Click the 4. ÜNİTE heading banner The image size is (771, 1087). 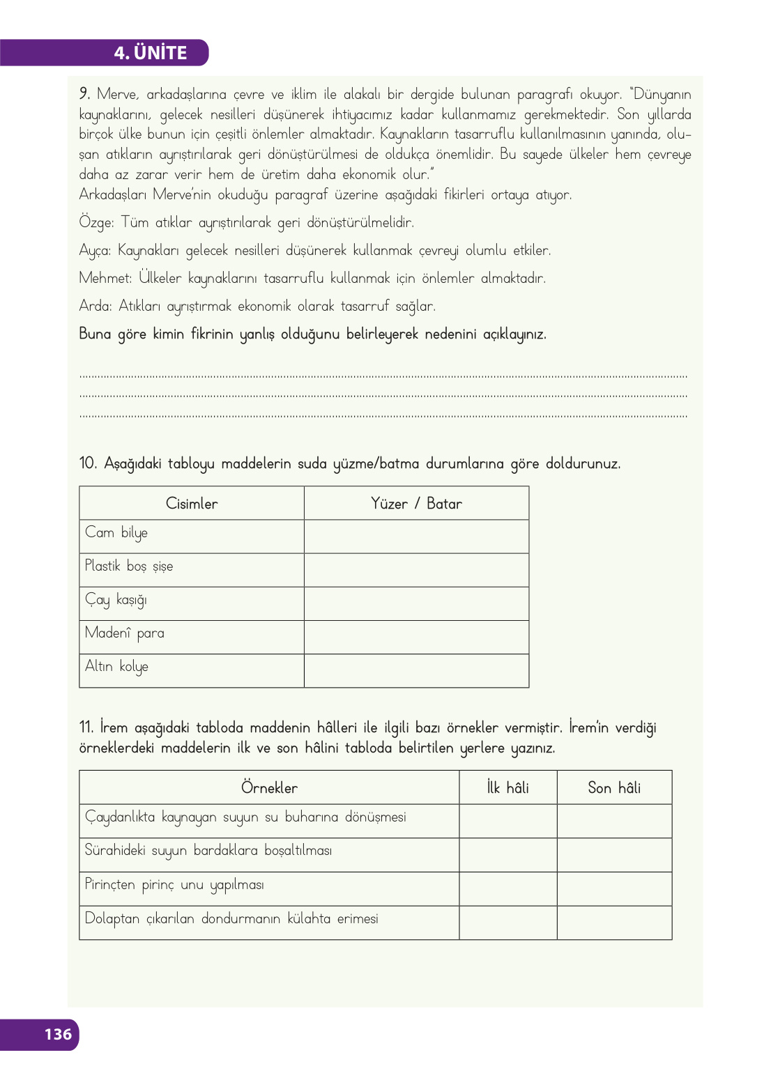(x=150, y=53)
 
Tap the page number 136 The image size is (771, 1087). (x=58, y=1034)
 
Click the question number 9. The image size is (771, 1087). (x=84, y=93)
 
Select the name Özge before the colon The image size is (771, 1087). (x=96, y=222)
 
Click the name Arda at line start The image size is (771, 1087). (x=95, y=306)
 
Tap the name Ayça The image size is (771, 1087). (x=94, y=250)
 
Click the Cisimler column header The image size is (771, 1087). (x=192, y=504)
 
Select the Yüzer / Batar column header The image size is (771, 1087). (x=416, y=504)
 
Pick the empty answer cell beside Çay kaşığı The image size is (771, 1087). (x=416, y=603)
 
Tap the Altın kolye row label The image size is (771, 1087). (x=116, y=667)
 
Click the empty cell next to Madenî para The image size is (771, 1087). (x=416, y=637)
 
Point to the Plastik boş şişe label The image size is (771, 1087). (x=129, y=566)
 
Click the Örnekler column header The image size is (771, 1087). (x=269, y=788)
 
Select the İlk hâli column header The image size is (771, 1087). (x=507, y=788)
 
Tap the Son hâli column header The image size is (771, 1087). (x=614, y=788)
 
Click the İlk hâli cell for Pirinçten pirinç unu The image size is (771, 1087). (x=507, y=889)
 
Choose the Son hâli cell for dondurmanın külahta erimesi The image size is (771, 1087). (x=614, y=923)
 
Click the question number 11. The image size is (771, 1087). (x=86, y=727)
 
